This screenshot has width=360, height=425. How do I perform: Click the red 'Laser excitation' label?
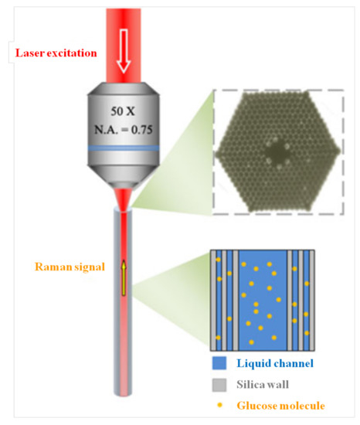(x=56, y=53)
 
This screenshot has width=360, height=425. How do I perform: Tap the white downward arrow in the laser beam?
(x=124, y=51)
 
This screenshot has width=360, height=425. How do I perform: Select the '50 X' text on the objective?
(x=123, y=111)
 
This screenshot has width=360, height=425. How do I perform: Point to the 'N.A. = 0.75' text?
(x=124, y=130)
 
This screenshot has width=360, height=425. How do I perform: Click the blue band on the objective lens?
(x=124, y=148)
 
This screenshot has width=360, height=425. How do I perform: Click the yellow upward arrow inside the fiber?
(x=124, y=277)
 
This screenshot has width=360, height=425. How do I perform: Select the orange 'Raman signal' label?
(x=70, y=267)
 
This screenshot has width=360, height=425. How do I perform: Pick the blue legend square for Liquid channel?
(x=219, y=363)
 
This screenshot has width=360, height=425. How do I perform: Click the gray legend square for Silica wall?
(x=219, y=385)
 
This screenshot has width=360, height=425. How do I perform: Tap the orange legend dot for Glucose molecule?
(x=219, y=405)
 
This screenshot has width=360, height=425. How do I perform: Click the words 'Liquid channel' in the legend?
(x=275, y=363)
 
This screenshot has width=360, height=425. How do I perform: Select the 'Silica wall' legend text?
(x=263, y=384)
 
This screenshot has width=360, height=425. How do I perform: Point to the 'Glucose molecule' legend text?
(x=281, y=406)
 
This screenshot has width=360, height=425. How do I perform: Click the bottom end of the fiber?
(x=124, y=393)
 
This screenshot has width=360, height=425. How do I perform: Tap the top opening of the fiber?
(x=124, y=209)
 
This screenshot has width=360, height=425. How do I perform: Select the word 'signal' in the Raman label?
(x=90, y=267)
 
